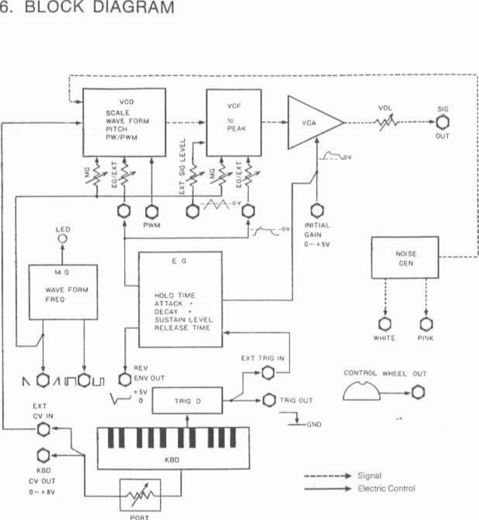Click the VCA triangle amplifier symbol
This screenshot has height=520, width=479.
pyautogui.click(x=311, y=122)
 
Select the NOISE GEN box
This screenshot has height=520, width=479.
pyautogui.click(x=405, y=258)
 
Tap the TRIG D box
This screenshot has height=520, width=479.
pyautogui.click(x=187, y=400)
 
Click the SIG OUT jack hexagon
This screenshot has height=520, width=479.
pyautogui.click(x=443, y=122)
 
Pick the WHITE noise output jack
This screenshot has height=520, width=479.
pyautogui.click(x=384, y=324)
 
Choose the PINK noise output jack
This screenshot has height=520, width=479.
pyautogui.click(x=426, y=324)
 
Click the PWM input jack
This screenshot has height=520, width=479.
pyautogui.click(x=151, y=211)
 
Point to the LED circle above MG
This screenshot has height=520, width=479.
pyautogui.click(x=63, y=239)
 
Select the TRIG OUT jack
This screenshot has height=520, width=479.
pyautogui.click(x=269, y=400)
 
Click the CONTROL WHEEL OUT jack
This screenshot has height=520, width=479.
pyautogui.click(x=418, y=392)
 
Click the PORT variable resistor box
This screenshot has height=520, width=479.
pyautogui.click(x=140, y=495)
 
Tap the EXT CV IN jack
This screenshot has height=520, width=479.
pyautogui.click(x=43, y=430)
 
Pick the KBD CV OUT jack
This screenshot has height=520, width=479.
pyautogui.click(x=43, y=456)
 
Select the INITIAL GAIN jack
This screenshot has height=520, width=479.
pyautogui.click(x=317, y=211)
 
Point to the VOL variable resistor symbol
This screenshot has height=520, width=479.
pyautogui.click(x=386, y=122)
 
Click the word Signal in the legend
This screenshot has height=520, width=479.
pyautogui.click(x=369, y=476)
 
